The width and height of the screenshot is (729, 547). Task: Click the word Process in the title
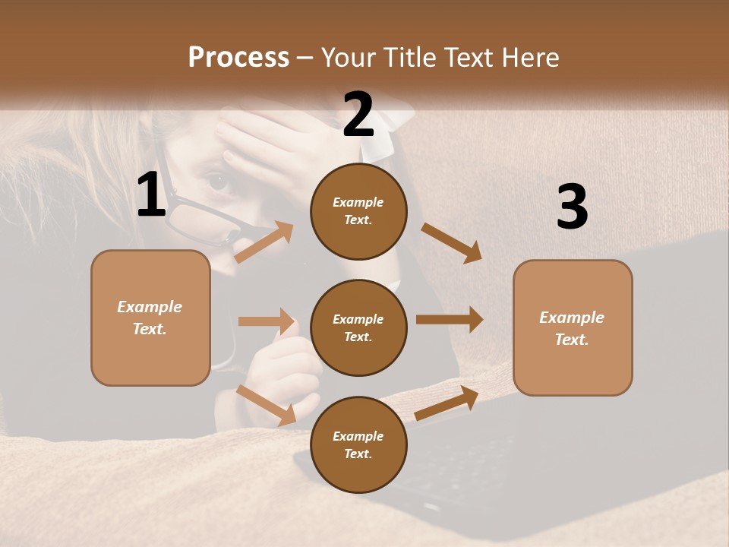point(238,58)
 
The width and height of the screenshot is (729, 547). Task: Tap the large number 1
point(151,195)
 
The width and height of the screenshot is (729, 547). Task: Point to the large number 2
point(358,115)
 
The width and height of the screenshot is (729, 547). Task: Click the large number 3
point(572,207)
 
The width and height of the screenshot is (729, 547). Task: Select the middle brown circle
point(358,327)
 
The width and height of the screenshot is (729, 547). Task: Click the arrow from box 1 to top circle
point(264,242)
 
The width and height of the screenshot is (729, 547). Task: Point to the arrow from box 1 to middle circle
point(266,321)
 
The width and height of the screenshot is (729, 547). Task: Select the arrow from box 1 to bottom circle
point(267,405)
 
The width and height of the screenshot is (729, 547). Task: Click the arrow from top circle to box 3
point(451,242)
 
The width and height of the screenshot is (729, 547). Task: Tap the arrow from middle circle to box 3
point(449,320)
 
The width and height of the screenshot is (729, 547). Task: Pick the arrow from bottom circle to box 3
point(447,403)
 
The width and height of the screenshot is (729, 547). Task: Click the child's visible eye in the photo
point(218,181)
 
